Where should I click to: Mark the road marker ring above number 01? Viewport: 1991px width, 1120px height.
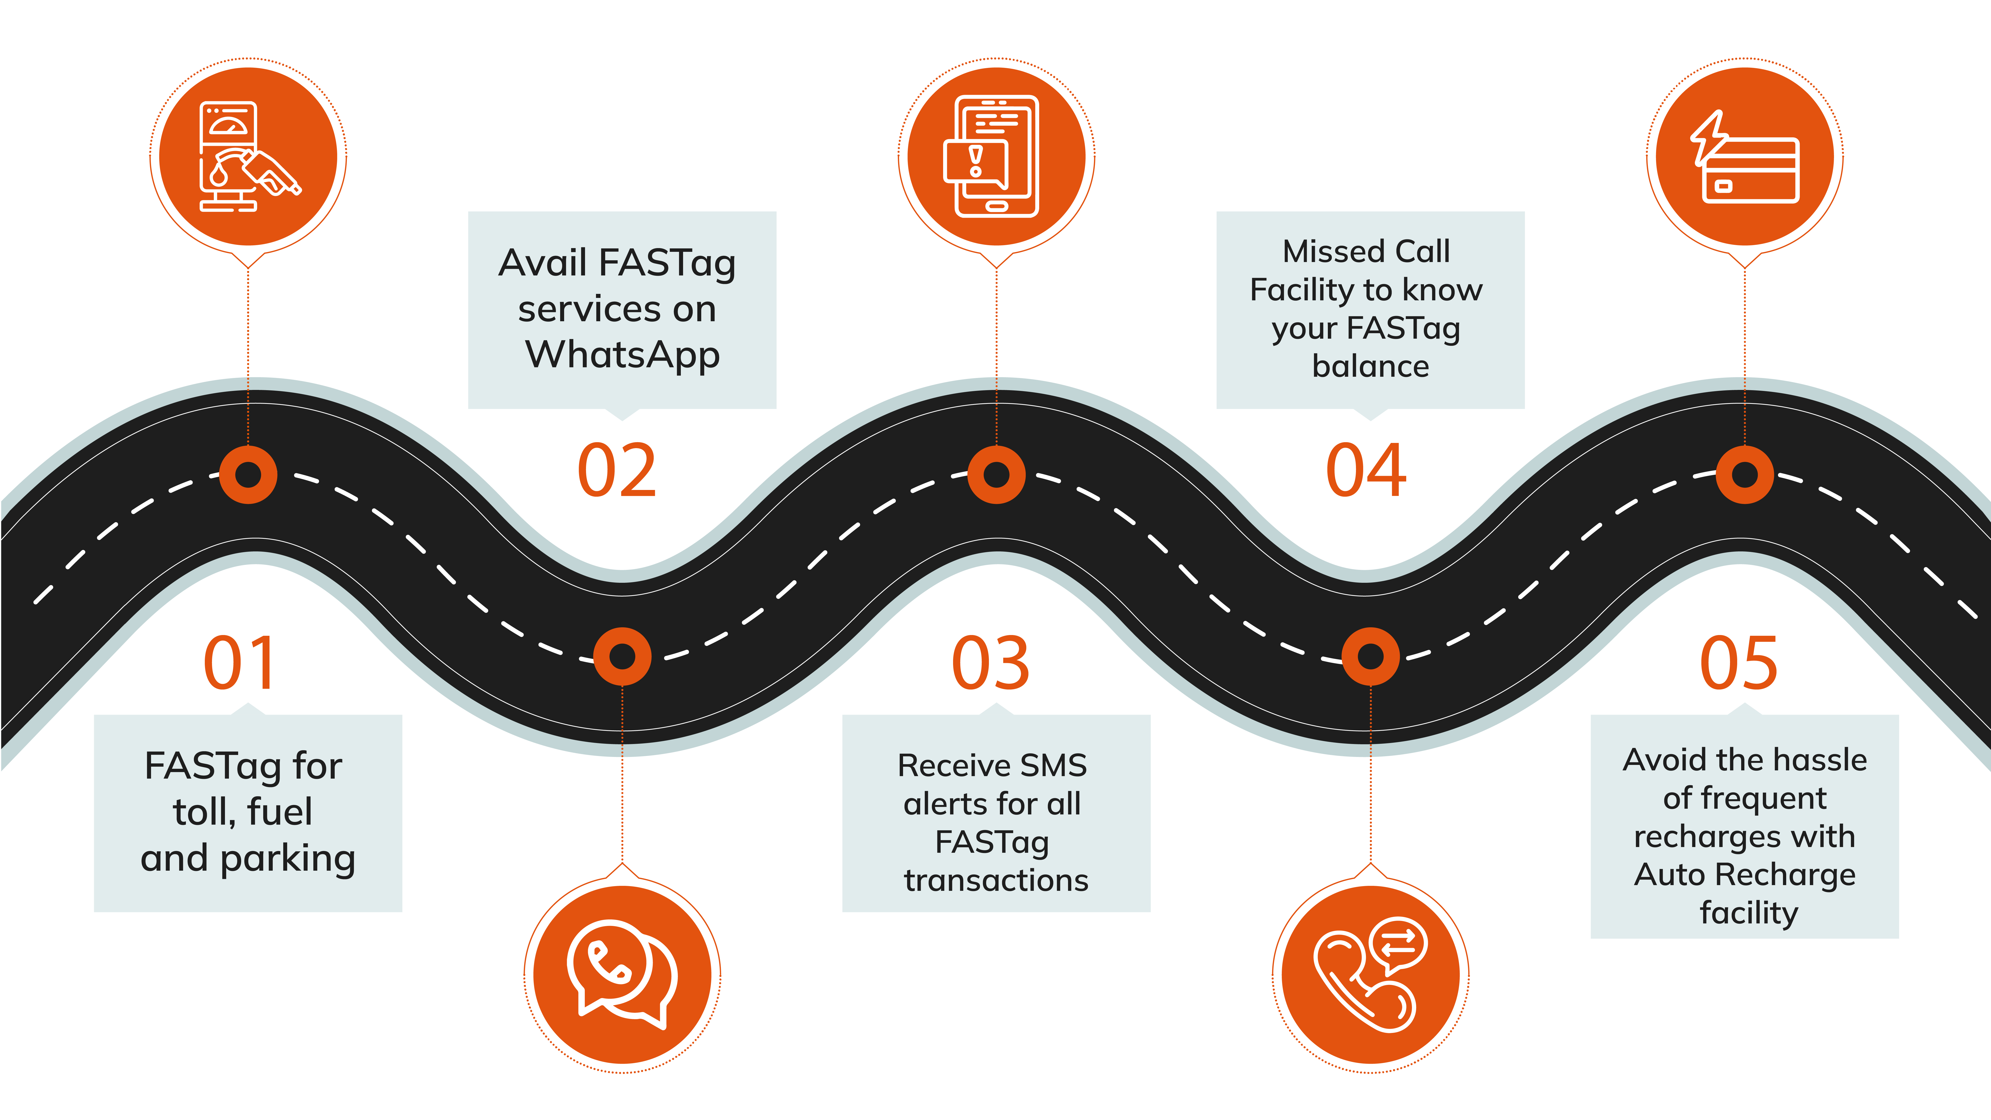click(x=248, y=475)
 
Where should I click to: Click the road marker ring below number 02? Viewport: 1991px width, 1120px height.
click(x=622, y=656)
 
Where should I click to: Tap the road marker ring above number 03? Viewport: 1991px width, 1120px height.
click(x=996, y=475)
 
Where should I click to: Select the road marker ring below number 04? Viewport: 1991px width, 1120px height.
click(x=1370, y=656)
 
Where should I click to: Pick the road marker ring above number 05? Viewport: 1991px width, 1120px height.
click(x=1744, y=475)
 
